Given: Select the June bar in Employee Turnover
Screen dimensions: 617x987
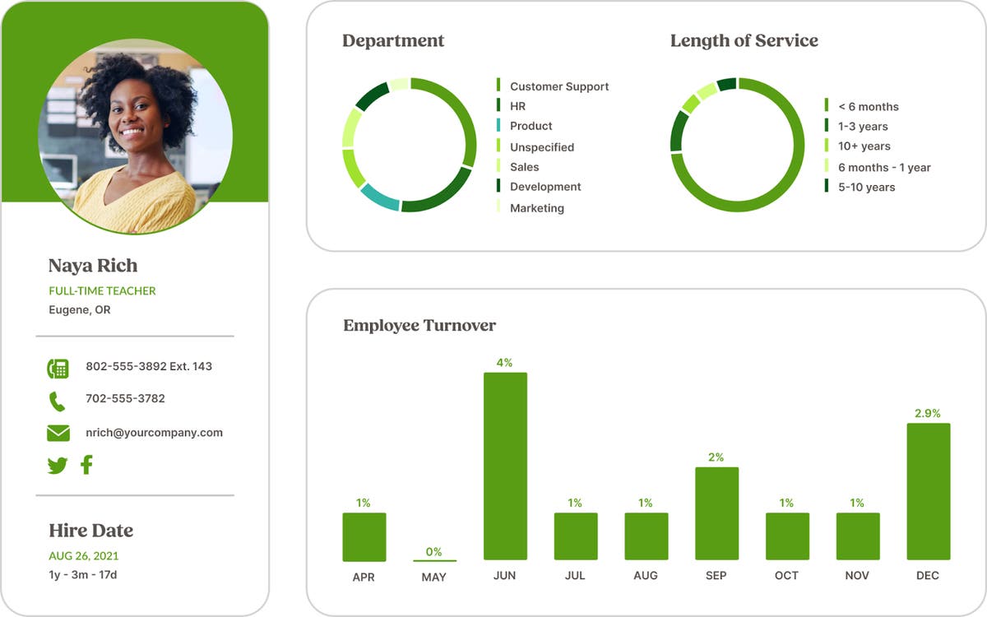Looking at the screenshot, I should pos(505,466).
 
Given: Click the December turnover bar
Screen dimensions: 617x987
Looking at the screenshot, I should pos(928,491).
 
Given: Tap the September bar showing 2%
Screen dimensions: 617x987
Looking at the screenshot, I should pos(716,513).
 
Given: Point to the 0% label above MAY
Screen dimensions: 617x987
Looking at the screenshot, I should pos(433,551).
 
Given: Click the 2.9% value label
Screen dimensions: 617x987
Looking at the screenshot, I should pos(928,413).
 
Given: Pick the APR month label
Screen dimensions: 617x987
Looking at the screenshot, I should pos(364,577).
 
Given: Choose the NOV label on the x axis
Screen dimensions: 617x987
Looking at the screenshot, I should pos(857,575).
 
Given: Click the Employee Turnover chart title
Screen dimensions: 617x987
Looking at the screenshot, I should pos(419,325).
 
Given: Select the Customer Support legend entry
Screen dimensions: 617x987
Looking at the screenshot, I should pos(559,86).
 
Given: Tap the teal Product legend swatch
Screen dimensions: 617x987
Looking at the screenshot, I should pos(498,126).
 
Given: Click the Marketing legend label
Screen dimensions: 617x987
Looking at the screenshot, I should pos(537,208).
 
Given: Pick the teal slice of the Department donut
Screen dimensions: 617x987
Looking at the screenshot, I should pos(379,197).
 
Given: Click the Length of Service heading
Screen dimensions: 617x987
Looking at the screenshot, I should pos(744,40).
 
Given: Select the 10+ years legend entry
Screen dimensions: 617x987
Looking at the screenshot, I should pos(864,146).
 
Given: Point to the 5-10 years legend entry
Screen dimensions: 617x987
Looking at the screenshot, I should pos(866,187).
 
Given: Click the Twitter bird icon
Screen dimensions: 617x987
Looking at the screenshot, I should pos(57,466).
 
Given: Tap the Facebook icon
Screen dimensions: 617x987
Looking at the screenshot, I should pos(86,465).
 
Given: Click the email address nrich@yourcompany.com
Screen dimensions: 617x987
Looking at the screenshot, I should pos(154,432).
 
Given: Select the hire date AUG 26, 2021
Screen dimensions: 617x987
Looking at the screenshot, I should pos(83,555).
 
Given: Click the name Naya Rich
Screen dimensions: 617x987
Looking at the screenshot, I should pos(93,266).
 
